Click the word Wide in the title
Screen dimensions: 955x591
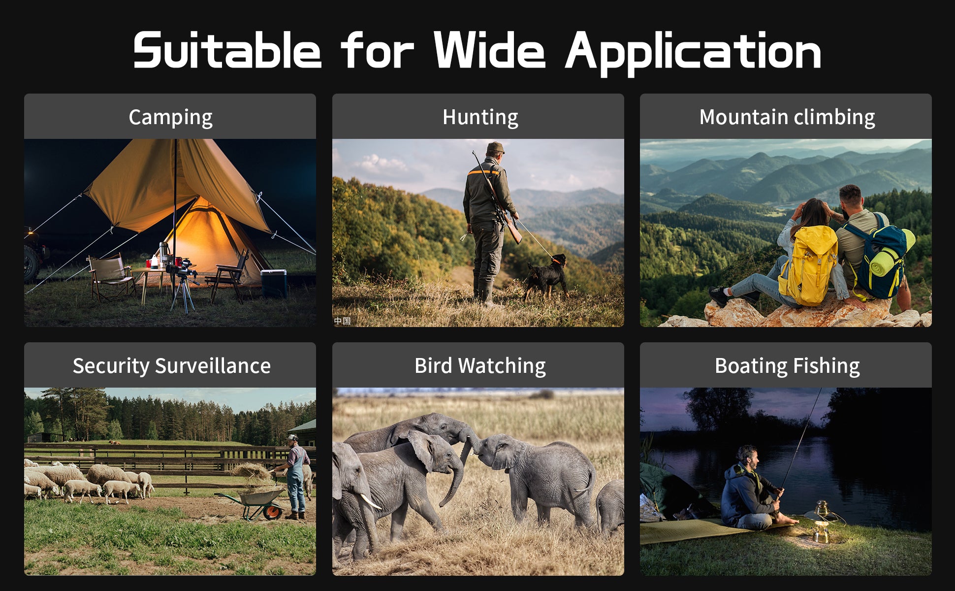pos(489,50)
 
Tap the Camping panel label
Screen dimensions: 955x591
pos(170,118)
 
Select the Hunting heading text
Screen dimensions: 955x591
pos(480,118)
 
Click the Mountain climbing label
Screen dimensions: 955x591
pos(787,117)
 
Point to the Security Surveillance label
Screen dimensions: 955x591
pos(171,366)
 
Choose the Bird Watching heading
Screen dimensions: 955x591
pos(480,366)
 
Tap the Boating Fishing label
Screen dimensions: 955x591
pos(787,366)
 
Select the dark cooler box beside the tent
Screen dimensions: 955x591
pos(274,284)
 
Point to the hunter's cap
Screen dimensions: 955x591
pos(495,147)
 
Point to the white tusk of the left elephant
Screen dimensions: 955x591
pos(370,501)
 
